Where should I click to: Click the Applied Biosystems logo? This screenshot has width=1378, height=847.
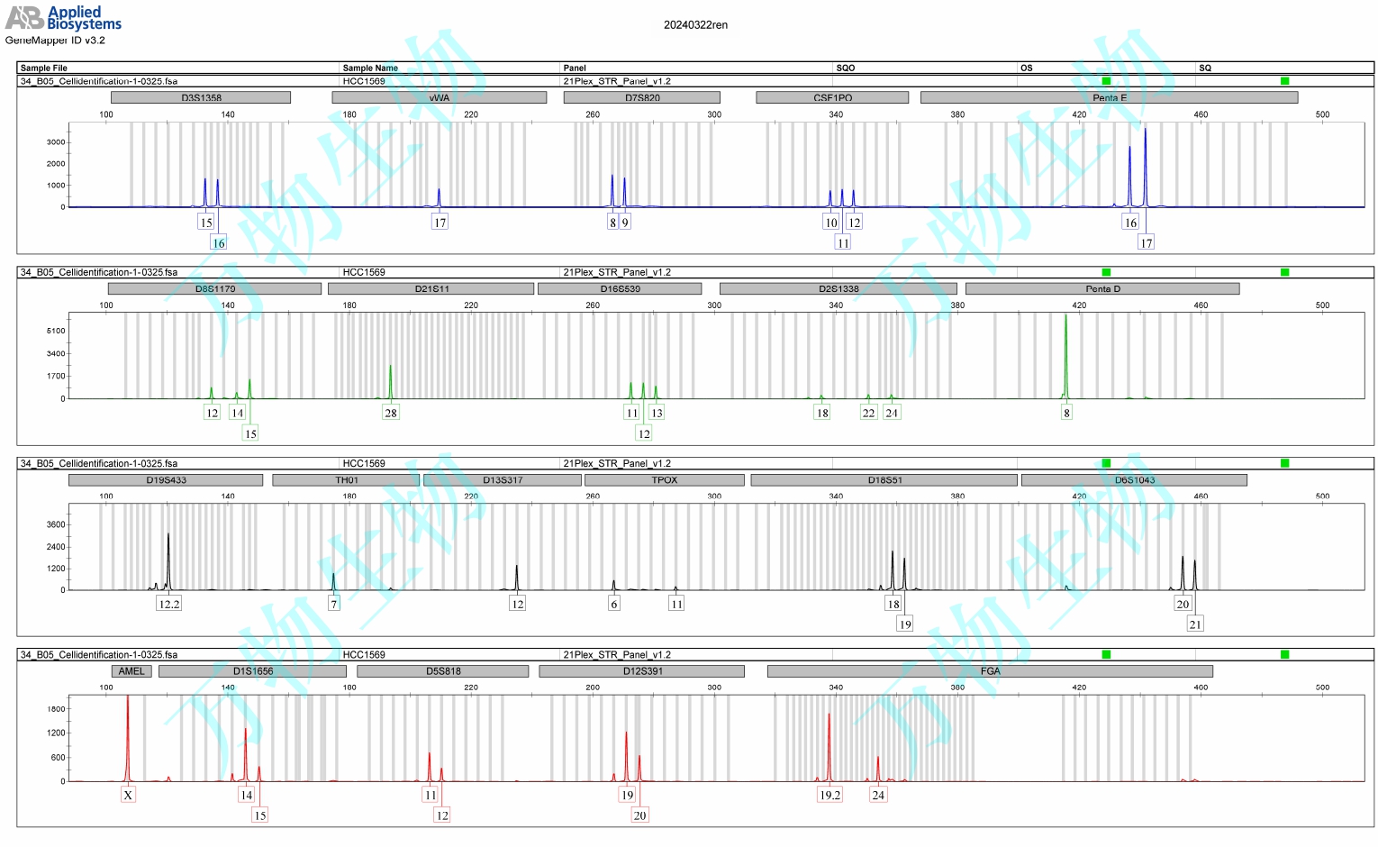[63, 18]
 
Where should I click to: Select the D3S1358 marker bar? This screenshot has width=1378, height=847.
[201, 97]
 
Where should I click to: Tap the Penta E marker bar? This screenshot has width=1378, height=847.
[1109, 97]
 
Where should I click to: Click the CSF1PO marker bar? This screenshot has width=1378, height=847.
[832, 97]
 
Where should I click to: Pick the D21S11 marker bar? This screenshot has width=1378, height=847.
[431, 289]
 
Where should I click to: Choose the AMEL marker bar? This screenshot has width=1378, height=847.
[131, 671]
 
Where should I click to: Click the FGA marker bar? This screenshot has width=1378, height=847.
[990, 671]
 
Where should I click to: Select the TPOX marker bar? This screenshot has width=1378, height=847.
[664, 480]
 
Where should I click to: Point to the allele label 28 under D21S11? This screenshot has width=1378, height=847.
[390, 413]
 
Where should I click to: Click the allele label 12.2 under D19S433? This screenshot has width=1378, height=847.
[169, 604]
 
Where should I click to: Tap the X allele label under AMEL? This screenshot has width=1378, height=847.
[128, 795]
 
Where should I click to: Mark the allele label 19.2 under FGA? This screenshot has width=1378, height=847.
[830, 795]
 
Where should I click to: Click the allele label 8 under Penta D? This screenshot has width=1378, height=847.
[1066, 413]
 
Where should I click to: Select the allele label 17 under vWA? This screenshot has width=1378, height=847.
[440, 222]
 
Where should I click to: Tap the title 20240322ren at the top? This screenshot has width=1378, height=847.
[695, 25]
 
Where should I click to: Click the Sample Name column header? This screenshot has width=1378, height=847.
[370, 68]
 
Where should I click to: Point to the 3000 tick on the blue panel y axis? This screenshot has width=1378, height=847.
[56, 142]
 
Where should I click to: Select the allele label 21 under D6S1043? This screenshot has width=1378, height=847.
[1195, 624]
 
